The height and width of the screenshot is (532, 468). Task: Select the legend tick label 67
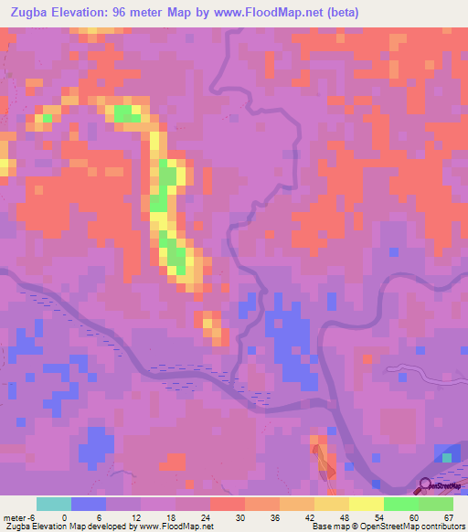click(447, 516)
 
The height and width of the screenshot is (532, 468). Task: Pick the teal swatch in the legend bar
click(54, 504)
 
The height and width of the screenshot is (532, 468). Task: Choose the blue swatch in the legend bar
click(89, 504)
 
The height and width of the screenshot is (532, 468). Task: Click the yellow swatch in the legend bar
click(367, 504)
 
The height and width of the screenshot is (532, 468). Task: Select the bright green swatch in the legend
click(401, 504)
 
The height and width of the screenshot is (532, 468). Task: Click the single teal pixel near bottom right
click(448, 456)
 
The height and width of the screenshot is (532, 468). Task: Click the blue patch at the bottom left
click(95, 445)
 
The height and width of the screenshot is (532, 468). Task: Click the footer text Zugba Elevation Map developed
click(64, 527)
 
